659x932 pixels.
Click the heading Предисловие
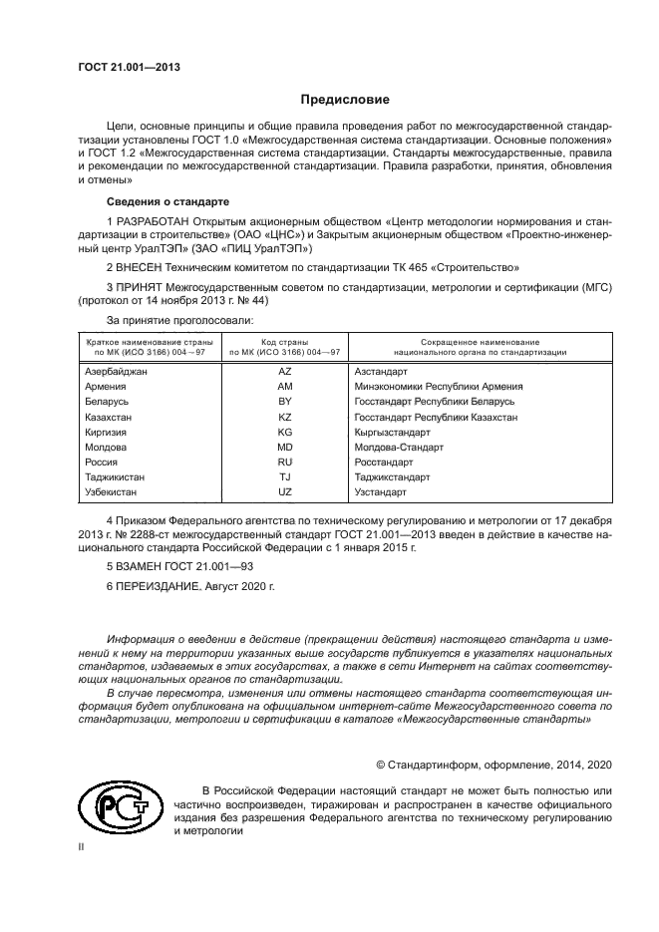(345, 100)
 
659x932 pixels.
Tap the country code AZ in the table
(284, 371)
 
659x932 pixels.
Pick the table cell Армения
(106, 386)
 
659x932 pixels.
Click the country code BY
(284, 401)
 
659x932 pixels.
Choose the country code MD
(284, 447)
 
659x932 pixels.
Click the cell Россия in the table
(102, 463)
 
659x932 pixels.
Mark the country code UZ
(284, 492)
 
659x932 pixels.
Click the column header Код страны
(284, 342)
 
